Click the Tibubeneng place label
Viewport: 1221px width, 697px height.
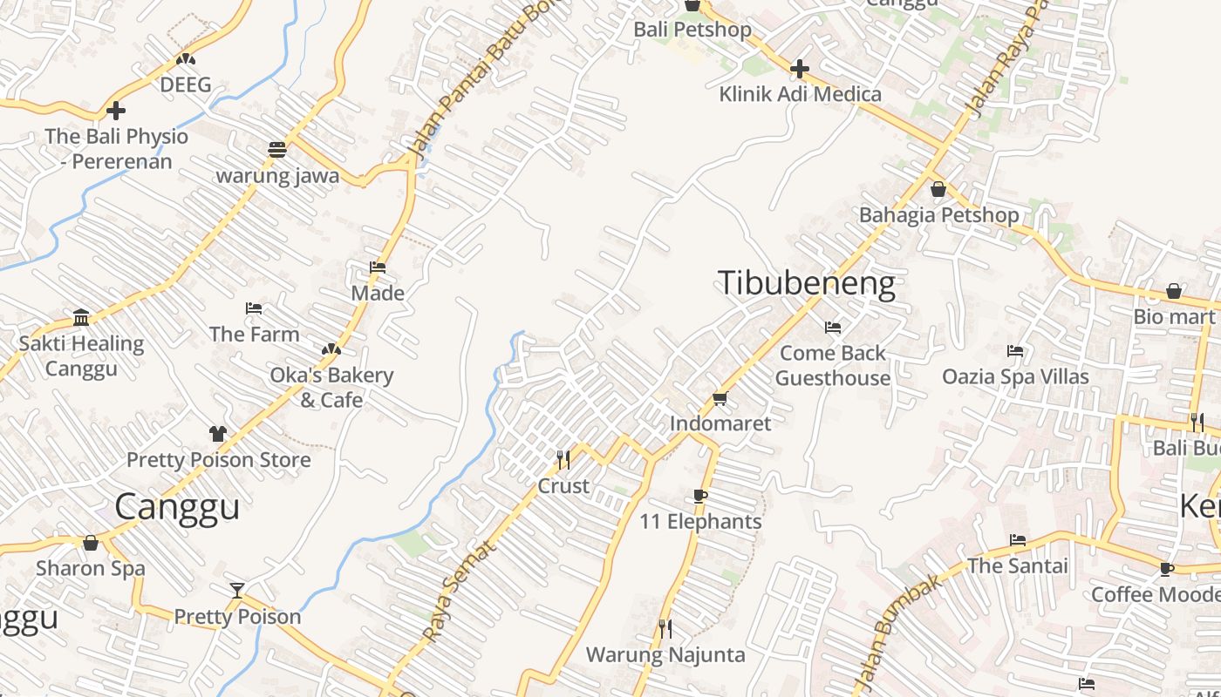click(x=806, y=284)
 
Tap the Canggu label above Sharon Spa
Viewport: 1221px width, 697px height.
click(x=177, y=506)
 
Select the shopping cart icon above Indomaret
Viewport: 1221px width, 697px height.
click(x=720, y=398)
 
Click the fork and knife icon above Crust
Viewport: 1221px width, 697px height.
click(x=563, y=458)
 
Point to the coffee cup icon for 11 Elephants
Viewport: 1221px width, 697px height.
click(x=699, y=496)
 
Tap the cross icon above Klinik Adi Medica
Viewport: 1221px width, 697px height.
click(x=799, y=68)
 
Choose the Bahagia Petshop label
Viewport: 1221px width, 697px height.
click(x=938, y=215)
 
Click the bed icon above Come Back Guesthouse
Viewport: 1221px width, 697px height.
click(x=833, y=328)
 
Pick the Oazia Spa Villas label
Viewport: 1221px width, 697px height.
click(x=1015, y=376)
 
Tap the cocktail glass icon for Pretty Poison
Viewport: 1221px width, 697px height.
click(x=237, y=590)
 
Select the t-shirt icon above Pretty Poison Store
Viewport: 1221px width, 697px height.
click(x=218, y=433)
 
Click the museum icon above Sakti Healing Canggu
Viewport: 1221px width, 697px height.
click(x=81, y=317)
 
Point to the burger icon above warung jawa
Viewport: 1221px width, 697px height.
click(x=277, y=149)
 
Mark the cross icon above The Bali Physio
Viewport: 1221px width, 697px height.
click(x=116, y=111)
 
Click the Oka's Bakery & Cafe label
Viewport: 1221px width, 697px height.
click(x=331, y=388)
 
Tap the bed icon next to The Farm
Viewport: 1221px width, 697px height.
click(x=254, y=308)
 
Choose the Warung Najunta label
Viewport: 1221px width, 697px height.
click(x=665, y=654)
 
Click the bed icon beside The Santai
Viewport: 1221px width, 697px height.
click(x=1017, y=540)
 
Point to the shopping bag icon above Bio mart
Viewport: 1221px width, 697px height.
click(x=1174, y=291)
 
